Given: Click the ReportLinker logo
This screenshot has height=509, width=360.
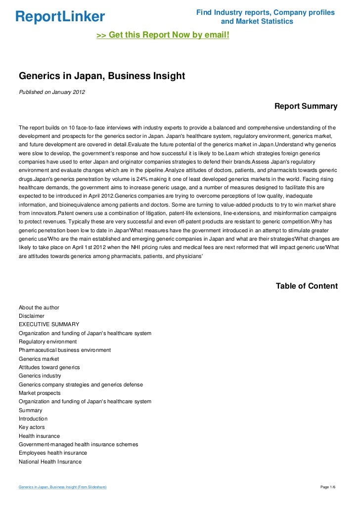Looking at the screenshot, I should [60, 17].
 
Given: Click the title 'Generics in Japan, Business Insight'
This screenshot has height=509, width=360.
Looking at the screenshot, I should [101, 76].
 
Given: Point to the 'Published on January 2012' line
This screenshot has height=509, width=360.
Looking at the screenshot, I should [51, 92].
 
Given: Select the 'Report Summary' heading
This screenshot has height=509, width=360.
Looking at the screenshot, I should [306, 106].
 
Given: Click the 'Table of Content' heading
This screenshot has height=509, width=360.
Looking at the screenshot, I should [307, 286].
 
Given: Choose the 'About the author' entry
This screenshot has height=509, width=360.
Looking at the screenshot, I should [39, 307].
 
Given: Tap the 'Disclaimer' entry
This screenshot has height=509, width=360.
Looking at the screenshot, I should [32, 316].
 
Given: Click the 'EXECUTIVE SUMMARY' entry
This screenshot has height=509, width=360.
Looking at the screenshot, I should [49, 324].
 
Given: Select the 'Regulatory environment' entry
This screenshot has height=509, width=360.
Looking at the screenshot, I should [48, 341].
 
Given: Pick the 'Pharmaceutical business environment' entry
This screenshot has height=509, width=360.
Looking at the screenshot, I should [65, 350].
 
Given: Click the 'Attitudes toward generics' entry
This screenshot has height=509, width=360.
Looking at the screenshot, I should [49, 367].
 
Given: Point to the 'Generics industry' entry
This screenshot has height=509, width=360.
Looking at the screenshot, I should [41, 376].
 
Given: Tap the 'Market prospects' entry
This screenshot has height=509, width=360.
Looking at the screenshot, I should [40, 393].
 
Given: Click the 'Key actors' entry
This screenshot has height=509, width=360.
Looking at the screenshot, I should [32, 427].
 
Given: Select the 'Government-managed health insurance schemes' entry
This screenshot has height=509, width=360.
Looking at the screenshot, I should [78, 444].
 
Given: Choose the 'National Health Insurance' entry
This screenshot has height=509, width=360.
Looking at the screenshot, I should [50, 462].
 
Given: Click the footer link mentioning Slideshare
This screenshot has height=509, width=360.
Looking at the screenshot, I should [63, 487].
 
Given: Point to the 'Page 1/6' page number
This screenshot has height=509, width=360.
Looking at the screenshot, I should [330, 487].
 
